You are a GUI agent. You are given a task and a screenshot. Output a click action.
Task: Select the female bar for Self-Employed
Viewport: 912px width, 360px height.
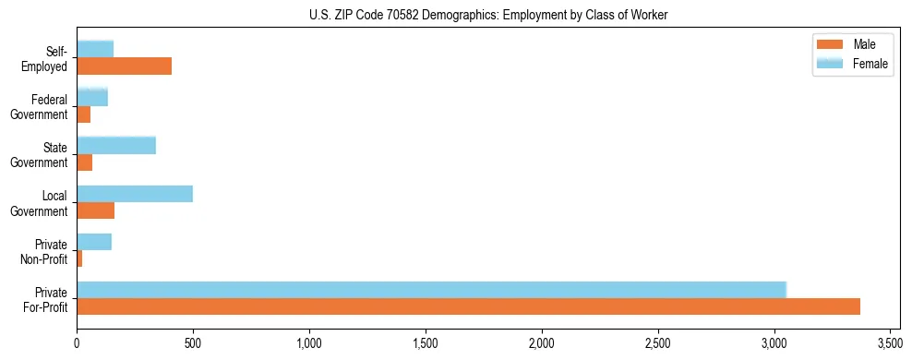pyautogui.click(x=95, y=49)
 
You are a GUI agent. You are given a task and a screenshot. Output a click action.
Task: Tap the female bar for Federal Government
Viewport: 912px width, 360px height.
pyautogui.click(x=92, y=97)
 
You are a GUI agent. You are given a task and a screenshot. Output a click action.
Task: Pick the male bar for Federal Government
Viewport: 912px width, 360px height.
pyautogui.click(x=84, y=114)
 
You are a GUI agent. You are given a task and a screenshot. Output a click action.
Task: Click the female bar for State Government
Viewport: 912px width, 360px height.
pyautogui.click(x=116, y=145)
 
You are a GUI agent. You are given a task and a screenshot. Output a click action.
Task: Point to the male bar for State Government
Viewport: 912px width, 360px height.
pyautogui.click(x=85, y=162)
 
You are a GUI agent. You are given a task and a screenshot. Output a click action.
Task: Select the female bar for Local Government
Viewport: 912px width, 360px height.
pyautogui.click(x=135, y=194)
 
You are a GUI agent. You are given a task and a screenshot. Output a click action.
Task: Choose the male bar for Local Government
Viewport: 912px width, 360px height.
pyautogui.click(x=96, y=210)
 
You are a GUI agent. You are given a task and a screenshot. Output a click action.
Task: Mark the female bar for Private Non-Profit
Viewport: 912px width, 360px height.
pyautogui.click(x=94, y=242)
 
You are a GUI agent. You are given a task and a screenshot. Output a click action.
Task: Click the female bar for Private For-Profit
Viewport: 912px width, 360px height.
pyautogui.click(x=431, y=290)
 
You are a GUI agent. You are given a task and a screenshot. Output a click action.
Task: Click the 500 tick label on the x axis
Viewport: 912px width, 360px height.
pyautogui.click(x=193, y=344)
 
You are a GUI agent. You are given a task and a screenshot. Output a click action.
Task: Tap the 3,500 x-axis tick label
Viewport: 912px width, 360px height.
pyautogui.click(x=890, y=344)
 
